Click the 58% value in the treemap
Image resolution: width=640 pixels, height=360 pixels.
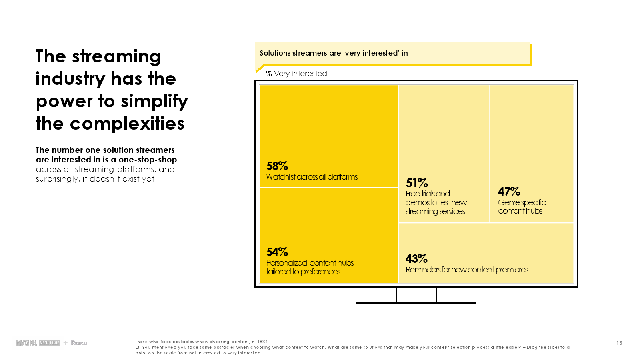click(277, 166)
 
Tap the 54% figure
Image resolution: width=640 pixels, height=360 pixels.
click(277, 252)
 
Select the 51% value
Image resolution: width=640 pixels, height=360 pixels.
click(417, 183)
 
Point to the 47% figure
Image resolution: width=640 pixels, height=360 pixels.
click(509, 192)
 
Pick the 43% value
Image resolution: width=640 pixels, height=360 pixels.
click(416, 259)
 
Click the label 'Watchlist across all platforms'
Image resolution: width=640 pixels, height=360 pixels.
click(312, 177)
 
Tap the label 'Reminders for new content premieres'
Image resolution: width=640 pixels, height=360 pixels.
click(467, 270)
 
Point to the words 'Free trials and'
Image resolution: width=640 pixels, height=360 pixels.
click(428, 194)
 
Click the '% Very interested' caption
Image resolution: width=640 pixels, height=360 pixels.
click(296, 74)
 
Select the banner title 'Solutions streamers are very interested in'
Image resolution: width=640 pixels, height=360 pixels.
click(334, 53)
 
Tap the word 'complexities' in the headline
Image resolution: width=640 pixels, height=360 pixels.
click(127, 124)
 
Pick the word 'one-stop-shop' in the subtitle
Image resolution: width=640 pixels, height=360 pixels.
click(148, 160)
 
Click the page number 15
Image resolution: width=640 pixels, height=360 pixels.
click(619, 343)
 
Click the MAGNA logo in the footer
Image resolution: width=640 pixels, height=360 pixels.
click(26, 343)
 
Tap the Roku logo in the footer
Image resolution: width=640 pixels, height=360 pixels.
click(79, 343)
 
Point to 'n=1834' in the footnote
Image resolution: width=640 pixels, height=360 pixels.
click(260, 342)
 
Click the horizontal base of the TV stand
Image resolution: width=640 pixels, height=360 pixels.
click(416, 302)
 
